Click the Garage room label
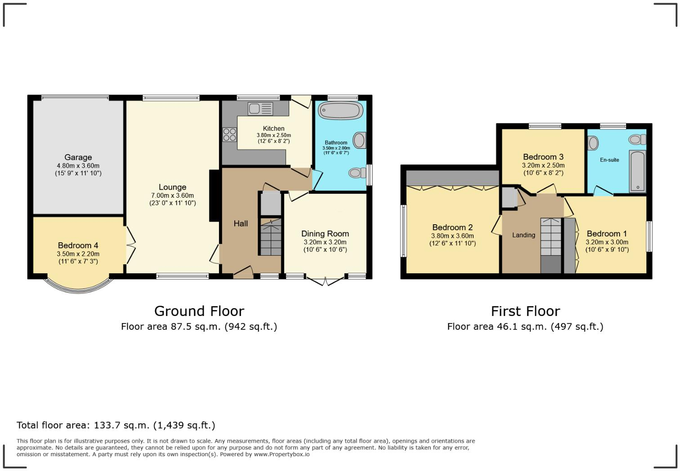(78, 157)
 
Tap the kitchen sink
(260, 108)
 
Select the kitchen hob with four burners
(230, 134)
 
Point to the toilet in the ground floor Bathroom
(358, 173)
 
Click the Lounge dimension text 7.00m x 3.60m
(172, 196)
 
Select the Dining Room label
(325, 234)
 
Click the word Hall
(241, 223)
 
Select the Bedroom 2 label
(452, 227)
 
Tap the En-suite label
(609, 160)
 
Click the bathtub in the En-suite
(637, 172)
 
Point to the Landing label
(523, 235)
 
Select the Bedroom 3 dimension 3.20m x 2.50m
(543, 165)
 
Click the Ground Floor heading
(199, 311)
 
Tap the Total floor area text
(116, 425)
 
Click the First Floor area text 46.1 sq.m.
(525, 327)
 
